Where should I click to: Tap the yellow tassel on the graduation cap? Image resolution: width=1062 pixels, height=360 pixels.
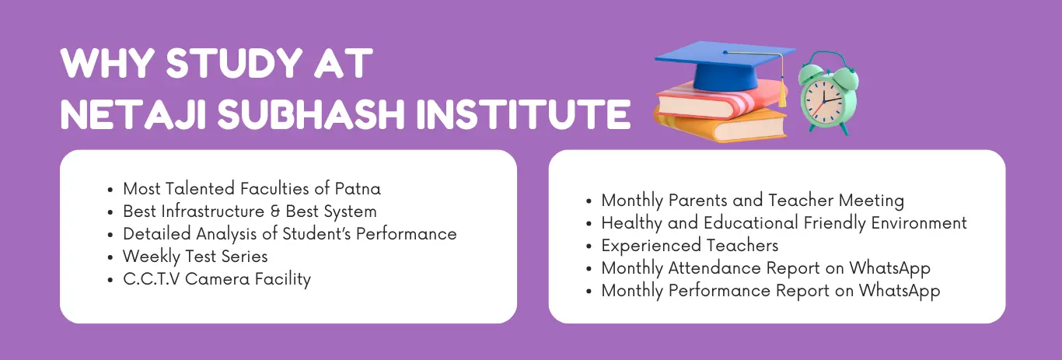point(781,96)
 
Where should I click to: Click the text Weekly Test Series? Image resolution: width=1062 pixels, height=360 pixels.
point(195,256)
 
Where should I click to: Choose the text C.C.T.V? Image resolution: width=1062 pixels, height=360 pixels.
point(151,278)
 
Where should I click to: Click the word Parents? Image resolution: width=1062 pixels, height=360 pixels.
point(694,201)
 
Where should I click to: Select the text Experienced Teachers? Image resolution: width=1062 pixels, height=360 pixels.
point(690,246)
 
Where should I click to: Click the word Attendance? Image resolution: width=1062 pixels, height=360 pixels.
point(720,268)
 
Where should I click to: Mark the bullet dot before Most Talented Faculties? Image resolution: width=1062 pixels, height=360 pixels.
point(113,189)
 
